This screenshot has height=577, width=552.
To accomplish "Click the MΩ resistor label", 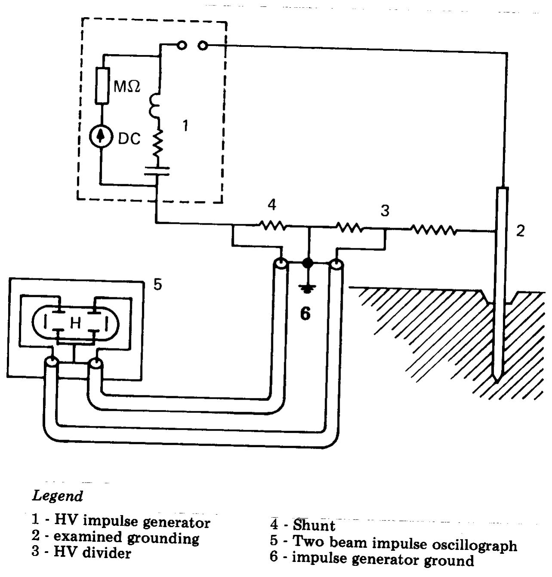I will click(x=127, y=87).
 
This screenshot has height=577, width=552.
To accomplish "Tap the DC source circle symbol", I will click(x=101, y=137).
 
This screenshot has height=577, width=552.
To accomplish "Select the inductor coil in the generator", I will click(x=155, y=105).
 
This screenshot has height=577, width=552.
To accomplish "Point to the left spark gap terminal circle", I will click(x=182, y=45).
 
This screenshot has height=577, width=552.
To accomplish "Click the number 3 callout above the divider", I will click(x=385, y=211).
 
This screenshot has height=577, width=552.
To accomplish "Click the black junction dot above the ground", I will click(x=307, y=263).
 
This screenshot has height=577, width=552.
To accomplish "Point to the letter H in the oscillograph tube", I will click(x=75, y=323).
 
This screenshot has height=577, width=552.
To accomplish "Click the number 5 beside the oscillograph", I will click(x=158, y=284).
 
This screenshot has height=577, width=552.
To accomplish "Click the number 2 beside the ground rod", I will click(x=521, y=231).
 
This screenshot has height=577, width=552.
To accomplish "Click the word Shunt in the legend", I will click(x=314, y=525).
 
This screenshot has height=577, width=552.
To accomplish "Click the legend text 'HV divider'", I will click(x=92, y=553).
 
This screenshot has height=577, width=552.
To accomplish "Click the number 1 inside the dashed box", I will click(x=185, y=126).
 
